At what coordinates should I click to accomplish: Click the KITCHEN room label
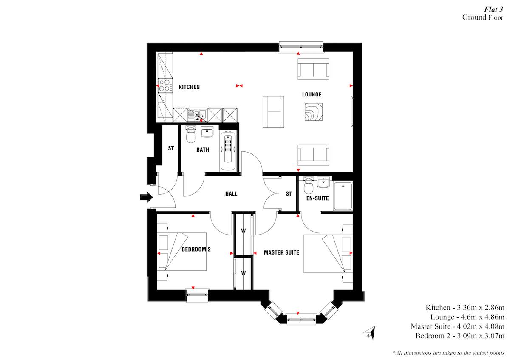(x=189, y=87)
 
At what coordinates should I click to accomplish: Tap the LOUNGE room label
(x=312, y=94)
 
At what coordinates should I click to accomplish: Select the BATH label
(x=202, y=150)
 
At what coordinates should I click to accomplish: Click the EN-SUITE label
(x=315, y=198)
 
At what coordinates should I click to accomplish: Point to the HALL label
(x=231, y=194)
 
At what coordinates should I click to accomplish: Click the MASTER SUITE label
(x=281, y=252)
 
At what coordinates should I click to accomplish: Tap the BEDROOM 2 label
(x=196, y=249)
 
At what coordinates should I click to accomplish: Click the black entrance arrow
(x=146, y=197)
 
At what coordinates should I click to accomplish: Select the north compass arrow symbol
(x=368, y=332)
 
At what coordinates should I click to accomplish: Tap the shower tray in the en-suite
(x=343, y=196)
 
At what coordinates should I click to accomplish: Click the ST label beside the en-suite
(x=289, y=194)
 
